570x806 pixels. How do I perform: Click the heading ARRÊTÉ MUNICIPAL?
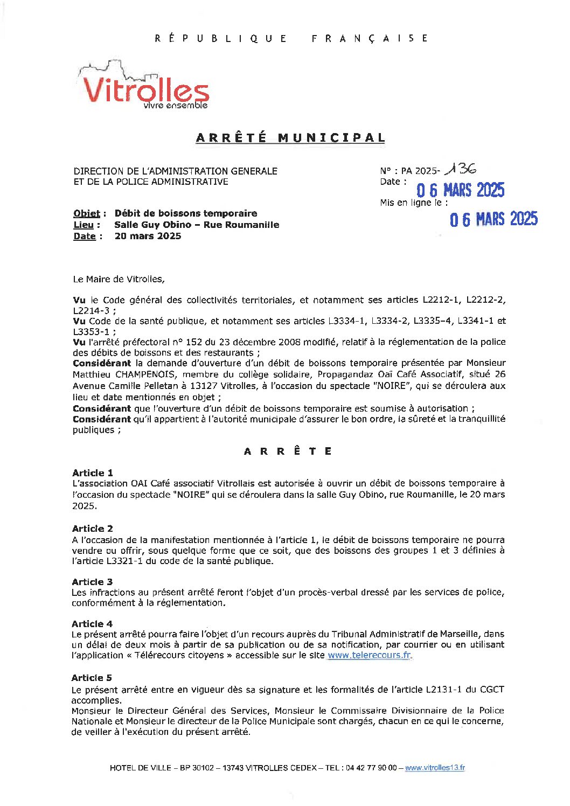pyautogui.click(x=290, y=138)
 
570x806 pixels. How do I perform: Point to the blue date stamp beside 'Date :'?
pyautogui.click(x=460, y=190)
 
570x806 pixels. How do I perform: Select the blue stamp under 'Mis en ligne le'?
pyautogui.click(x=493, y=219)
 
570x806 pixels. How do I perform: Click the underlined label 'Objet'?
pyautogui.click(x=87, y=213)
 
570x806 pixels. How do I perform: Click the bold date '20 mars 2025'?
pyautogui.click(x=148, y=236)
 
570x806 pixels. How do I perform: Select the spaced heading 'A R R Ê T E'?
pyautogui.click(x=288, y=451)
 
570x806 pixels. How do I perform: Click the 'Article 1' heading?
pyautogui.click(x=93, y=473)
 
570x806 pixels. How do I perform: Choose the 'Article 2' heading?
pyautogui.click(x=93, y=529)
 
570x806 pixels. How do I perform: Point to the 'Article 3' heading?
pyautogui.click(x=92, y=582)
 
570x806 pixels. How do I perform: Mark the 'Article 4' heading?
pyautogui.click(x=92, y=624)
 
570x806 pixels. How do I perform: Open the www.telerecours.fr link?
pyautogui.click(x=369, y=655)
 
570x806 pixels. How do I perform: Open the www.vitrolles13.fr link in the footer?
pyautogui.click(x=435, y=768)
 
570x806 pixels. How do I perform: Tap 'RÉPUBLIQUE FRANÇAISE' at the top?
pyautogui.click(x=291, y=38)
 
